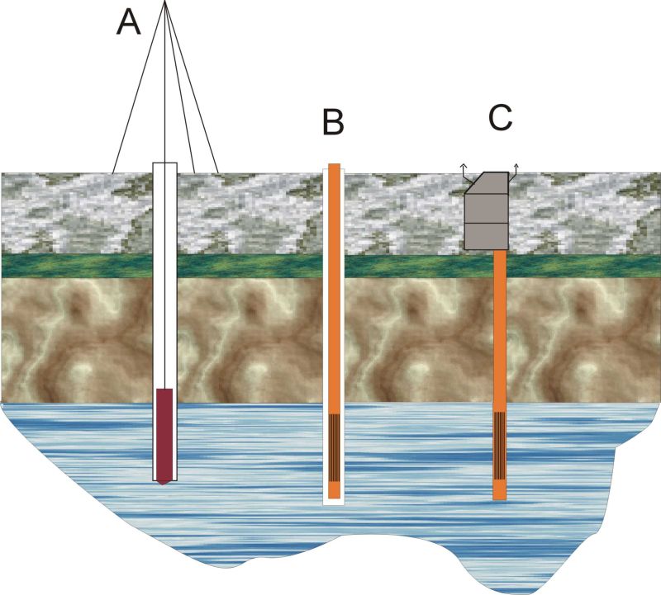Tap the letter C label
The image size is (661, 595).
pos(500,117)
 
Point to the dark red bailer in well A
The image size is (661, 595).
pos(164,433)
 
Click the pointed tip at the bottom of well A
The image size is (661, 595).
pos(164,481)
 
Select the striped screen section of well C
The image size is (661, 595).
pos(499,446)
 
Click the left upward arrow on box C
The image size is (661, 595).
pos(464,168)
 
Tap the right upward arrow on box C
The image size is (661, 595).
pos(517,168)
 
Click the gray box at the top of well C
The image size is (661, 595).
pos(487,215)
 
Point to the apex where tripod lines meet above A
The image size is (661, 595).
pos(166,2)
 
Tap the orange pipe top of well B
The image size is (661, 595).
pos(334,168)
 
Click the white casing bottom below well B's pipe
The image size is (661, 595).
pos(333,502)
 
